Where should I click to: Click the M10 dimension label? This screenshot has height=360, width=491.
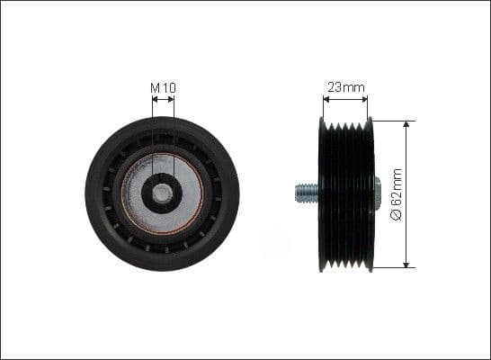[x=163, y=87]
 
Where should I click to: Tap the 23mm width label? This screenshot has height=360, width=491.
[x=345, y=87]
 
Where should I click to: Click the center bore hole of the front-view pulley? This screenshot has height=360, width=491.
[x=163, y=193]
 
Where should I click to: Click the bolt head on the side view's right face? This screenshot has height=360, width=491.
[x=378, y=191]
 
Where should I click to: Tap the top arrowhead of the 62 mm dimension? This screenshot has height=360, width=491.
[x=407, y=124]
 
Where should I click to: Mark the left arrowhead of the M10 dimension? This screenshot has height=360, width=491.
[x=155, y=99]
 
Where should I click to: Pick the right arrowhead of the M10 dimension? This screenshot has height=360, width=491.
[x=172, y=99]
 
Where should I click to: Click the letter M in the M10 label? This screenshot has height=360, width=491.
[x=154, y=87]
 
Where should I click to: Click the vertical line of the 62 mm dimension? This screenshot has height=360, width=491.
[x=407, y=162]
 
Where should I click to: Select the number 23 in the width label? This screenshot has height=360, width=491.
[x=335, y=87]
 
